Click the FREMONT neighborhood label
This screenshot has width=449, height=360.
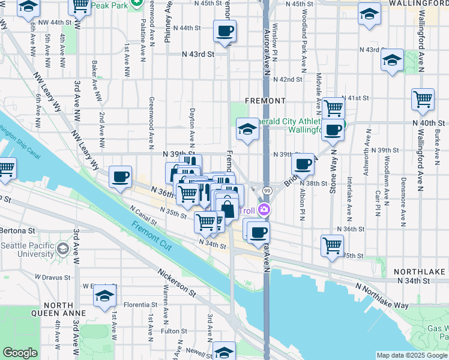coord(265,100)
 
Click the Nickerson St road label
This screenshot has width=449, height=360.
coord(177,283)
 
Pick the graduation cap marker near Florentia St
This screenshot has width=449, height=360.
coord(105,296)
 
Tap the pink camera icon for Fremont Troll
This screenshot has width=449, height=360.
coord(264,210)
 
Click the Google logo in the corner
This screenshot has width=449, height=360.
coord(20,353)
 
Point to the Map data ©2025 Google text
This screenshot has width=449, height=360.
coord(412,355)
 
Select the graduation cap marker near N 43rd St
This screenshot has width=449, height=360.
coord(392,60)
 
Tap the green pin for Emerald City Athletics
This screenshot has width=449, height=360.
coord(339,126)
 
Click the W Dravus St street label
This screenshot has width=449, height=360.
coord(53,277)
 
